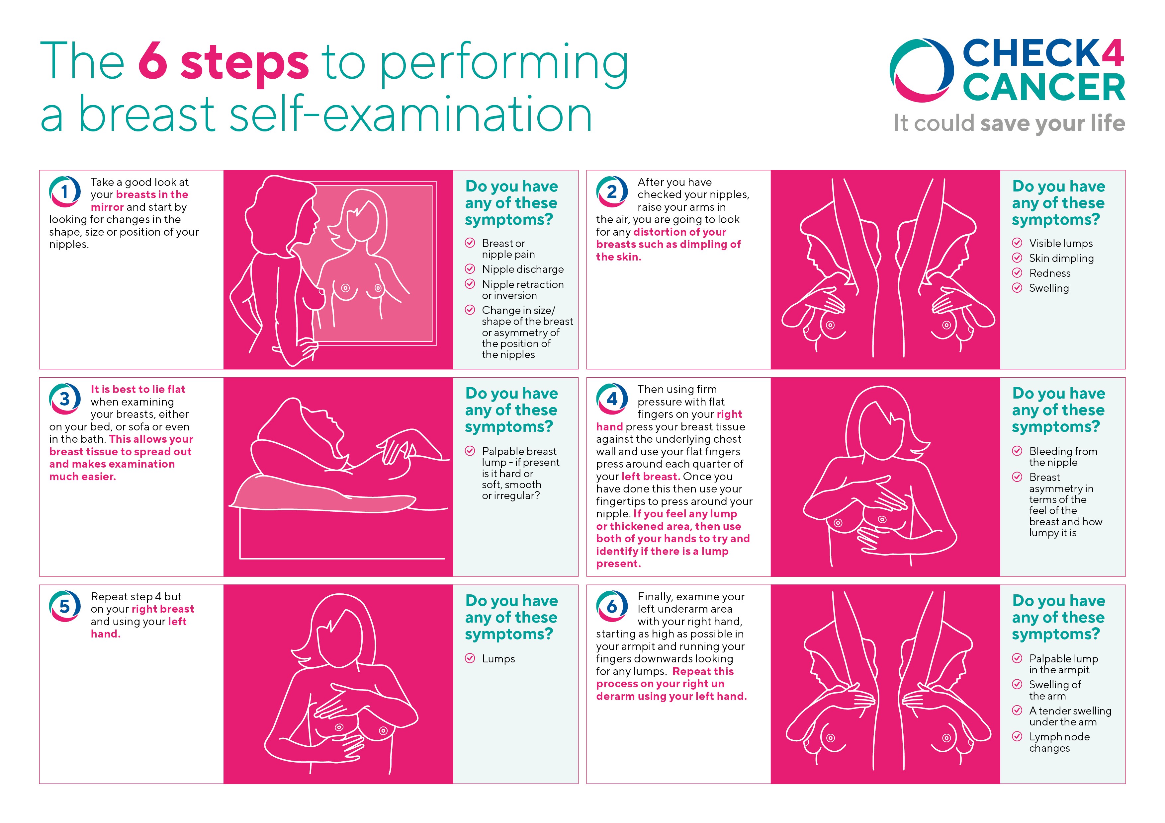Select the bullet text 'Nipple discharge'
(523, 269)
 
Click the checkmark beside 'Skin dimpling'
(1017, 258)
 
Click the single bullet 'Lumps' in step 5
(498, 659)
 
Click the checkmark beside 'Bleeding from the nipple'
(1017, 451)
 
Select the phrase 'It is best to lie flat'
(137, 389)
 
